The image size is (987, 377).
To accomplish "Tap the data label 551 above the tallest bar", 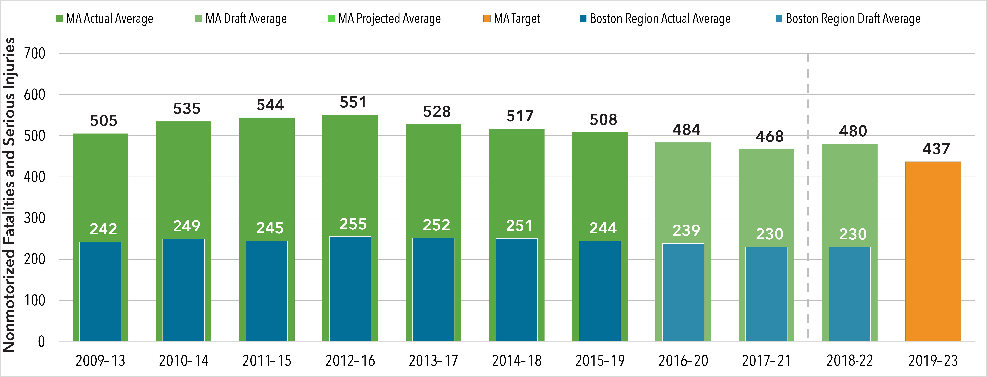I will coord(353,102).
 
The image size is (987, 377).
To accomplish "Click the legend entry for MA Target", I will coord(512,18).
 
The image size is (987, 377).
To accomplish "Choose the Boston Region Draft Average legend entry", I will coord(848,18).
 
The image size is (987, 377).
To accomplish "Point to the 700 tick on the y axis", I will coord(34,53).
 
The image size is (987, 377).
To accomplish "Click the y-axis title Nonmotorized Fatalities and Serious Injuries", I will coord(9,195).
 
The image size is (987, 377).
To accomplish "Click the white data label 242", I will coord(103,229).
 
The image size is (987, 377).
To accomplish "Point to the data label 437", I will coord(936,149).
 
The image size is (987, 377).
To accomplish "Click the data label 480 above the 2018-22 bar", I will coord(853,131).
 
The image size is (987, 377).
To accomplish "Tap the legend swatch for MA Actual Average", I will coord(59,18).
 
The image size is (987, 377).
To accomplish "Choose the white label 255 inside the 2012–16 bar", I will coord(353,224).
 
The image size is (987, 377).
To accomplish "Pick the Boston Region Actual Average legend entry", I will coord(655,18).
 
